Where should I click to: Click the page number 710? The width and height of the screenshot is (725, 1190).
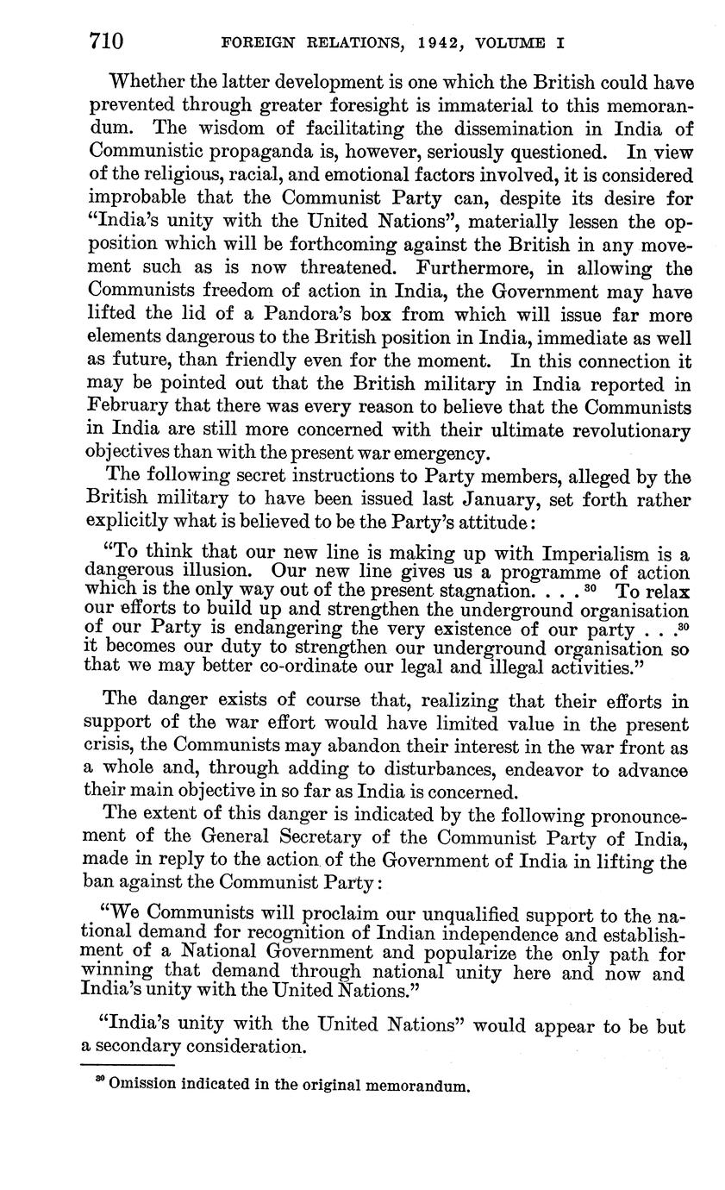point(106,41)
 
